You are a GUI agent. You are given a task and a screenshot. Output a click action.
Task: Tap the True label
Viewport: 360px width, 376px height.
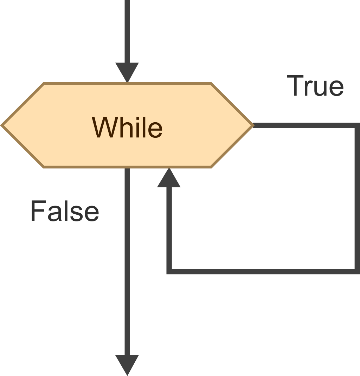click(x=315, y=86)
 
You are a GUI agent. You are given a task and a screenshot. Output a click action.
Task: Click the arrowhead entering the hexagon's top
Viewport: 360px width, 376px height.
click(x=127, y=72)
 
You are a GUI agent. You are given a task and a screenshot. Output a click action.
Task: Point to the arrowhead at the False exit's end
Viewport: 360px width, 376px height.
click(x=127, y=364)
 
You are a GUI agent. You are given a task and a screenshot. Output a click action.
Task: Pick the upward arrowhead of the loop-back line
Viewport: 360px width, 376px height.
click(x=169, y=179)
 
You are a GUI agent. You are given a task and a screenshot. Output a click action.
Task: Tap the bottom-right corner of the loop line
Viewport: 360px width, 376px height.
click(x=357, y=271)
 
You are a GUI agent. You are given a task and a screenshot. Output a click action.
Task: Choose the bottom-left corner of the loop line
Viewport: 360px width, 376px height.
click(x=169, y=271)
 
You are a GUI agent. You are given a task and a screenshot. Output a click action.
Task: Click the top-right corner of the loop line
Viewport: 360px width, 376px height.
click(x=357, y=125)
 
